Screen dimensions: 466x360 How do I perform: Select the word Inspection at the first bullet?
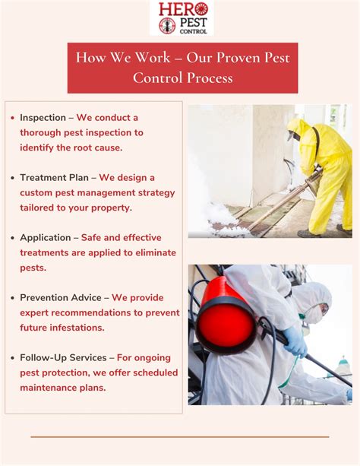point(43,118)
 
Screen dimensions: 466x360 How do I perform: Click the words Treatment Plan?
point(54,177)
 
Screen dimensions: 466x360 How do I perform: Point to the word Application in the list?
point(46,236)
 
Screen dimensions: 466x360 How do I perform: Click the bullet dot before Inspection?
point(13,119)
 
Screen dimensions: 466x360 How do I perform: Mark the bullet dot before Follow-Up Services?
point(13,358)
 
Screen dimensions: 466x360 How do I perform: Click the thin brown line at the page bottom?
point(180,437)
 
